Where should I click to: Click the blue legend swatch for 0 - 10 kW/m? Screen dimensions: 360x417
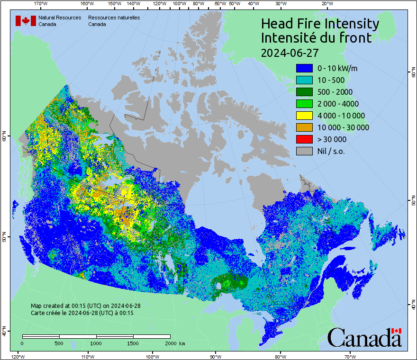[304, 68]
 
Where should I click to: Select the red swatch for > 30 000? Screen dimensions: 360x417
[304, 139]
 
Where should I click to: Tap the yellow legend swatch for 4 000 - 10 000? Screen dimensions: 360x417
[304, 116]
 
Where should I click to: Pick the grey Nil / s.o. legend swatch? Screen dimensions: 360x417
[304, 151]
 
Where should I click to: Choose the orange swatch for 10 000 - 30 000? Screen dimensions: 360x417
[304, 127]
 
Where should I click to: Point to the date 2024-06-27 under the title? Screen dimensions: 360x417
[290, 52]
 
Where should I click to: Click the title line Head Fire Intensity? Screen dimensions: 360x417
[320, 24]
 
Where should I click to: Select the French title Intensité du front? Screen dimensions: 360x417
[317, 38]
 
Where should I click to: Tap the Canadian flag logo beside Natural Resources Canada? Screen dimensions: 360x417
[26, 21]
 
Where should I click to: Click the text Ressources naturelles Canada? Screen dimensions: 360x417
[114, 21]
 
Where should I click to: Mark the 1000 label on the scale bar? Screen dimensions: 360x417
[96, 343]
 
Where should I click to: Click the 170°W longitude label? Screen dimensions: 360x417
[41, 4]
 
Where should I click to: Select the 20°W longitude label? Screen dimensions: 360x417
[326, 4]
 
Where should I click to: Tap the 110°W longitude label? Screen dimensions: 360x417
[87, 356]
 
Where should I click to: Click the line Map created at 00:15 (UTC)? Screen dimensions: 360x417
[86, 306]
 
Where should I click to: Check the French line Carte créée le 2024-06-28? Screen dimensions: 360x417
[82, 313]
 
